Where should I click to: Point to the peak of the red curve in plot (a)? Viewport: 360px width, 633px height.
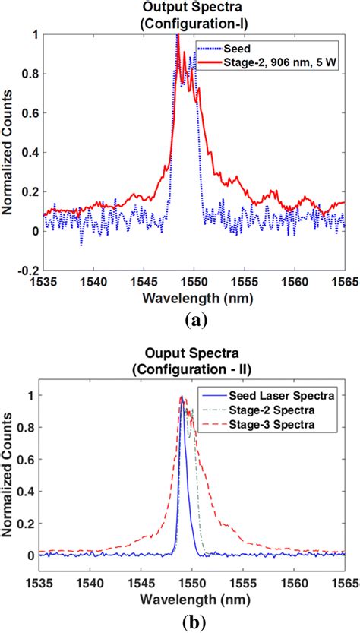coord(178,36)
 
